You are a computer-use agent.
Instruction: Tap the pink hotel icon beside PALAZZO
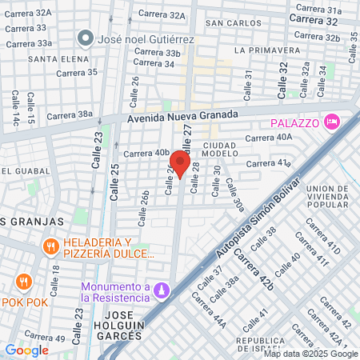pos(332,122)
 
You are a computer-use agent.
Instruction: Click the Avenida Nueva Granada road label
pos(183,115)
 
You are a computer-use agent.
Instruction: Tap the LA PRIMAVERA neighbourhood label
pos(261,50)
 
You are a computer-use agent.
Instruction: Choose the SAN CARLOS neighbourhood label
pos(228,23)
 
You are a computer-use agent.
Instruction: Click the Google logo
pos(27,350)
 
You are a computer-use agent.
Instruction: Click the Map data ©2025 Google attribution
pos(311,354)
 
